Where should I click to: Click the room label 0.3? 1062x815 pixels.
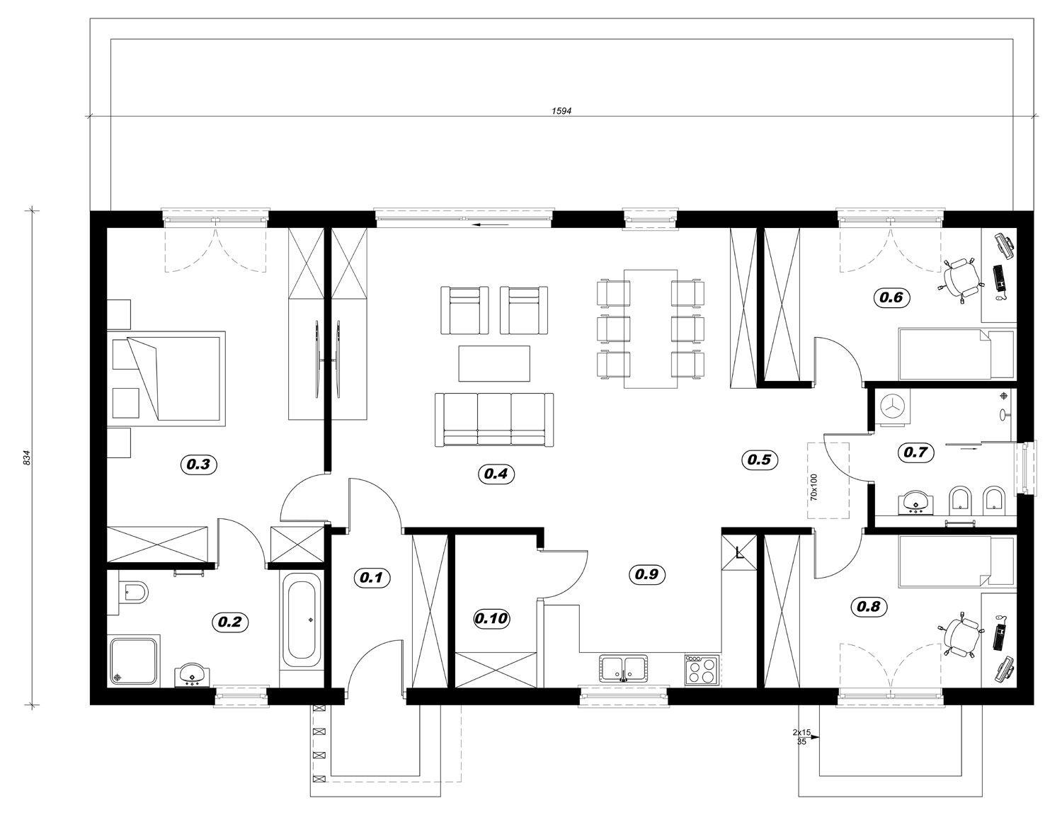point(198,464)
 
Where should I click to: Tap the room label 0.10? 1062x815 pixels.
point(491,619)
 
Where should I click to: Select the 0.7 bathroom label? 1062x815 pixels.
point(915,452)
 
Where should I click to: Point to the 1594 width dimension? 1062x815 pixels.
point(561,111)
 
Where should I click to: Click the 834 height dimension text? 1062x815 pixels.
point(28,457)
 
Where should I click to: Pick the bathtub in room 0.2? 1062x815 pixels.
point(301,620)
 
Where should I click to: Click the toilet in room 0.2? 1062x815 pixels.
point(132,592)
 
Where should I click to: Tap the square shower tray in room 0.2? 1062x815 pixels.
point(133,661)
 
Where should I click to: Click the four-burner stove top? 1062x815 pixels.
point(702,670)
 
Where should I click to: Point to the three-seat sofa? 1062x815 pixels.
point(494,419)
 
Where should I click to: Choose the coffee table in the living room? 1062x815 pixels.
point(494,363)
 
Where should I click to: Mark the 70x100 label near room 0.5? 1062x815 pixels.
point(813,487)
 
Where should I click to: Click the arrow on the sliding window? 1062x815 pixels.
point(491,224)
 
